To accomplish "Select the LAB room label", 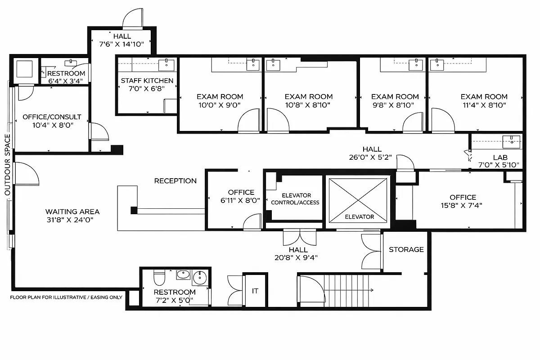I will point(500,157).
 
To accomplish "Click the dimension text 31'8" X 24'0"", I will point(72,220).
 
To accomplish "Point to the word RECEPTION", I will point(175,181).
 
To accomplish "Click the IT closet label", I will point(255,291).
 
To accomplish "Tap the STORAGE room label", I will point(406,249).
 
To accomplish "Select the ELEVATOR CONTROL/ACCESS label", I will point(295,199).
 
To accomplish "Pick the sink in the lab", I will point(512,140).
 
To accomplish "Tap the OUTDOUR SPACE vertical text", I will point(7,164).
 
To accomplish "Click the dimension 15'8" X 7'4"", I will point(463,206).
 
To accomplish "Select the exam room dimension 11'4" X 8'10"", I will point(484,105).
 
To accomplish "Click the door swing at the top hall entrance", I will point(134,19).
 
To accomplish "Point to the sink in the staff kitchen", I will point(169,64).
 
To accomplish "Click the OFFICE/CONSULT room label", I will point(52,117).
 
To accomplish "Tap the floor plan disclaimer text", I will point(66,297).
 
